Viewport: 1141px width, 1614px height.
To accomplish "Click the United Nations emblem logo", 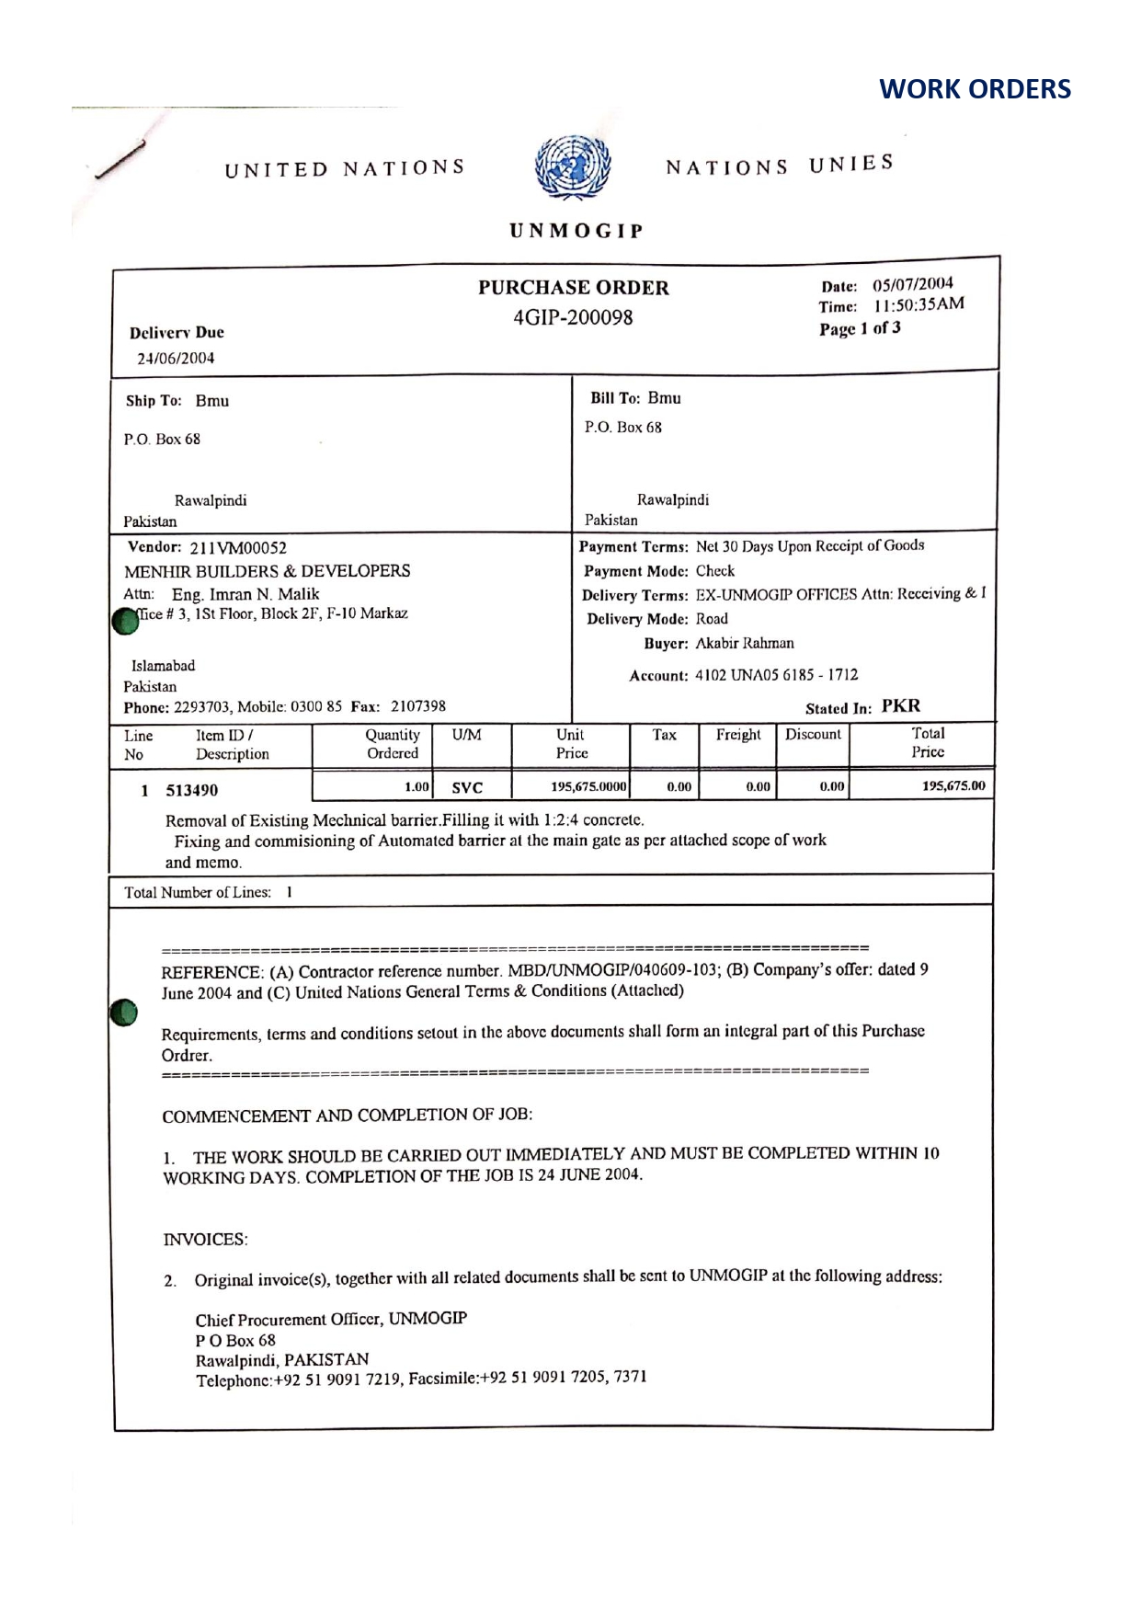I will coord(573,168).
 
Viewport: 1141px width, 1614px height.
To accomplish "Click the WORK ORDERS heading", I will coord(975,89).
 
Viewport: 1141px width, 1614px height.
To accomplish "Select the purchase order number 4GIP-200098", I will coord(573,318).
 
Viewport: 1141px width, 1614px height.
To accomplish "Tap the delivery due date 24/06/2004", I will coord(176,359).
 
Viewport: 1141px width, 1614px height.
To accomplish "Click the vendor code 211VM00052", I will coord(238,548).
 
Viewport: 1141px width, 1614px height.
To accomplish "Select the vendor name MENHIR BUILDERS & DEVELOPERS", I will coord(268,571).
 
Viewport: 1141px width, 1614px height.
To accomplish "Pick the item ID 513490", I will coord(191,790).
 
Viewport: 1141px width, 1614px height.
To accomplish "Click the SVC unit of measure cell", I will coord(467,788).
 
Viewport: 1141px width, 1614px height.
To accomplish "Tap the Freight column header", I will coord(738,735).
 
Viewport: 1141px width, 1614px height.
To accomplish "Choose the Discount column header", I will coord(813,735).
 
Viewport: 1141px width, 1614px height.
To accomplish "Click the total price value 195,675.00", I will coord(953,786).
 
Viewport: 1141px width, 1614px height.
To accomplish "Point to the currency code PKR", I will coord(901,706).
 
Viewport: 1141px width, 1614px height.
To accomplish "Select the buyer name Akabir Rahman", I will coord(745,643).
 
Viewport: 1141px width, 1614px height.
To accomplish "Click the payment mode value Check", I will coord(715,571).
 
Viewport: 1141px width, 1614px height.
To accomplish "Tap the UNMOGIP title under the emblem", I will coord(576,231).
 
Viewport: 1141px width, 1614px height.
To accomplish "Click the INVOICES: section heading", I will coord(205,1240).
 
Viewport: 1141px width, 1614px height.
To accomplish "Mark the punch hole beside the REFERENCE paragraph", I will coord(123,1012).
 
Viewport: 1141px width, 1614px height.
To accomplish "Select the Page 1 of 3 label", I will coord(860,328).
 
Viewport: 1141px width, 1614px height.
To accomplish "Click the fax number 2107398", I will coord(418,706).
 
